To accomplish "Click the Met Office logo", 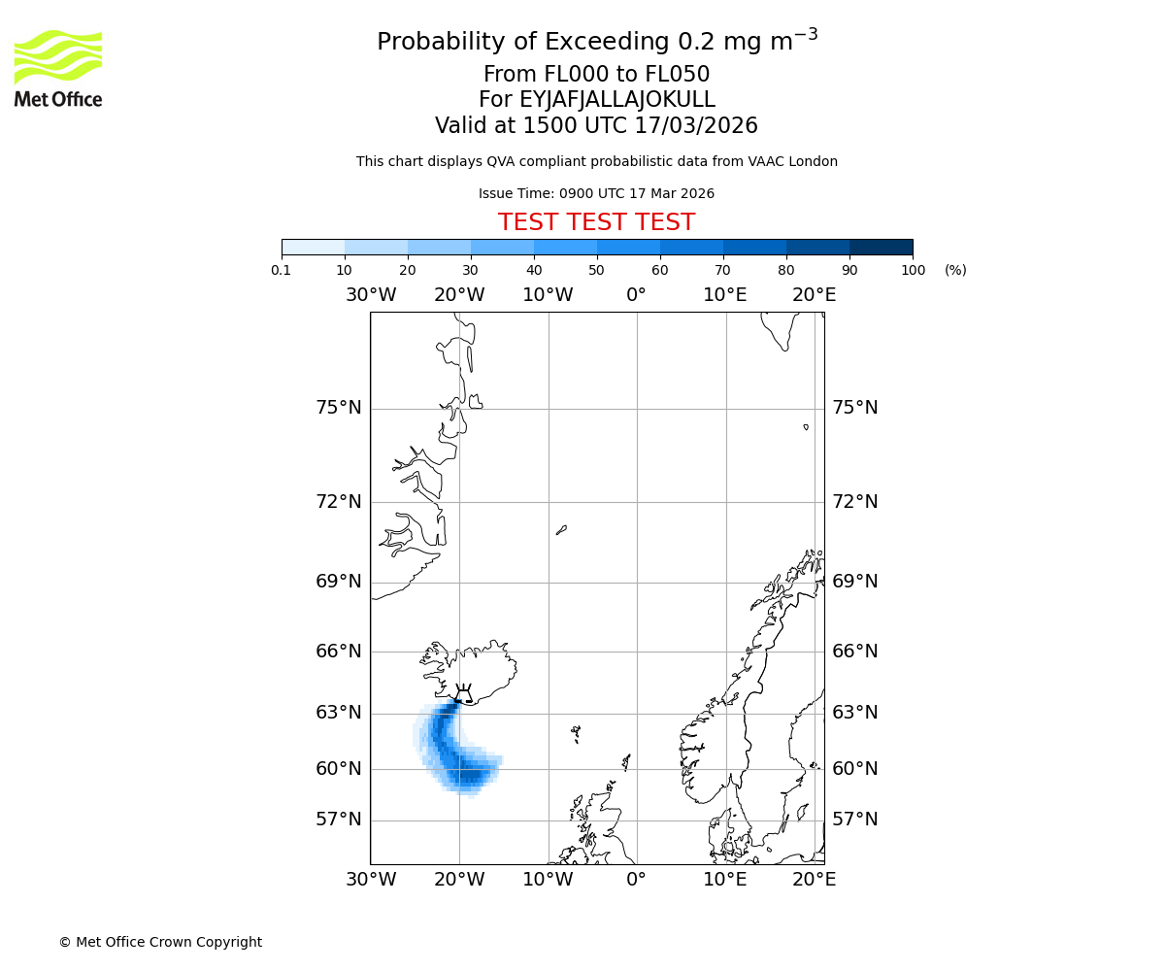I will click(58, 68).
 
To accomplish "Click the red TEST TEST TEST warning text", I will click(596, 222).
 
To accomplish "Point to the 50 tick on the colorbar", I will click(596, 270).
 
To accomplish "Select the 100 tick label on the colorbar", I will click(913, 270).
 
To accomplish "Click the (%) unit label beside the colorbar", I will click(955, 270).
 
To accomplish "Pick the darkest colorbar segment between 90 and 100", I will click(881, 247).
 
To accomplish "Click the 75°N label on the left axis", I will click(339, 408).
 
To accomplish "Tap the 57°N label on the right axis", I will click(854, 820).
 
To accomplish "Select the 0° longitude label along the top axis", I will click(636, 295).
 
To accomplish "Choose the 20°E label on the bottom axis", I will click(814, 880).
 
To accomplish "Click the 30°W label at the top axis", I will click(370, 295).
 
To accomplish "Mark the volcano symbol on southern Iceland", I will click(463, 692).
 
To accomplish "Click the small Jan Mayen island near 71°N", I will click(561, 530).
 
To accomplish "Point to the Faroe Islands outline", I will click(576, 733).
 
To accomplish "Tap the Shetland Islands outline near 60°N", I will click(626, 762).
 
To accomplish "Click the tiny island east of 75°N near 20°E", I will click(806, 426).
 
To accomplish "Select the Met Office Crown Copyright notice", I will click(160, 942).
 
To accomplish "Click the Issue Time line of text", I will click(596, 194).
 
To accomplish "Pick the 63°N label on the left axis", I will click(339, 713).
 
